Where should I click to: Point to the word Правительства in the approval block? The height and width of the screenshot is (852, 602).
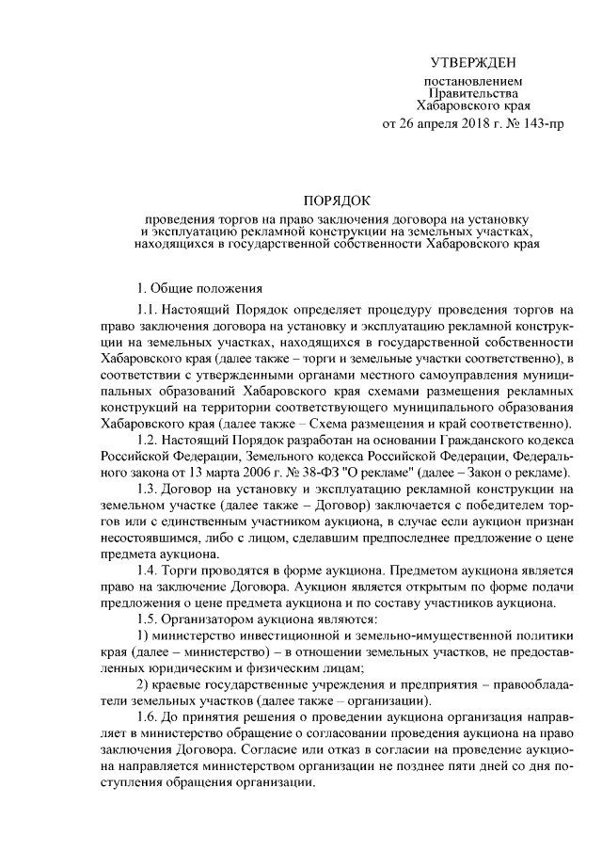tap(473, 94)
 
